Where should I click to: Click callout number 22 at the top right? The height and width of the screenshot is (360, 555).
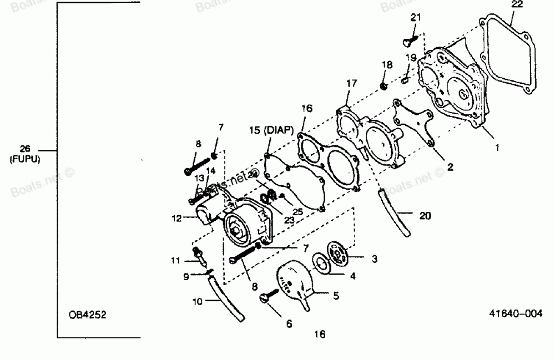coord(517,4)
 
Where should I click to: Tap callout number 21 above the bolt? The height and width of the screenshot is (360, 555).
coord(416,18)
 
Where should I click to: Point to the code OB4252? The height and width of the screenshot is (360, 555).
coord(87,315)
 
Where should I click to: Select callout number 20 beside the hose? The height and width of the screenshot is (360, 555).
coord(425,216)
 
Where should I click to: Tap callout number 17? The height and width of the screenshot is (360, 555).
coord(351,83)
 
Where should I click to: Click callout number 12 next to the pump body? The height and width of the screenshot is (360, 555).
coord(176,219)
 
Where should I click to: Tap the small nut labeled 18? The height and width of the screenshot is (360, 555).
coord(384,85)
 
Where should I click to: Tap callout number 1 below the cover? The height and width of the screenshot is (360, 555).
coord(497,148)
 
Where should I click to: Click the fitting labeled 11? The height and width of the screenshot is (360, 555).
coord(197,256)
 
